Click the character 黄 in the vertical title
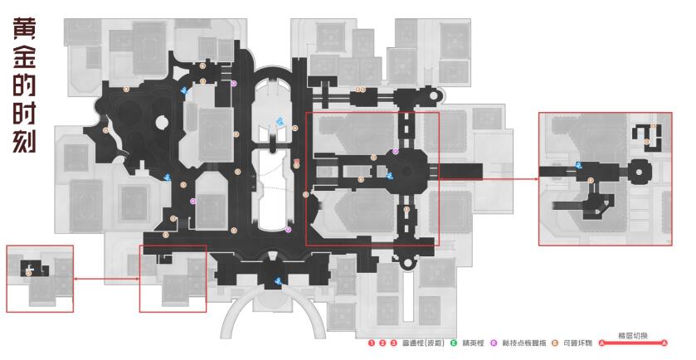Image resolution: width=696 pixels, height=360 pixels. pos(22,29)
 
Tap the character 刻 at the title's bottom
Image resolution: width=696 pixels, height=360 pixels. pos(22,139)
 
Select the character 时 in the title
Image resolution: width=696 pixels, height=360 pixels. pos(22,110)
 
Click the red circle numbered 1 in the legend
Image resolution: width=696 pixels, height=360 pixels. pos(372,343)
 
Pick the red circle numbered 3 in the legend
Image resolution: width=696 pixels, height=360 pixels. pos(393,343)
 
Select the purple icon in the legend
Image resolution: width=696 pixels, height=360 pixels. pos(494,343)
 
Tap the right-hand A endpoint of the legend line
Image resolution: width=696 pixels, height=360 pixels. pos(664,343)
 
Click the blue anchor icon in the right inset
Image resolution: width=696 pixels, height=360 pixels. pos(577,165)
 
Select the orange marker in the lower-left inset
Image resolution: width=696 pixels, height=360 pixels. pos(30,272)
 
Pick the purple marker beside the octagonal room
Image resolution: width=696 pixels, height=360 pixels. pos(396,152)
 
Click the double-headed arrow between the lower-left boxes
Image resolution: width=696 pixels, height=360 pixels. pos(106,280)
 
